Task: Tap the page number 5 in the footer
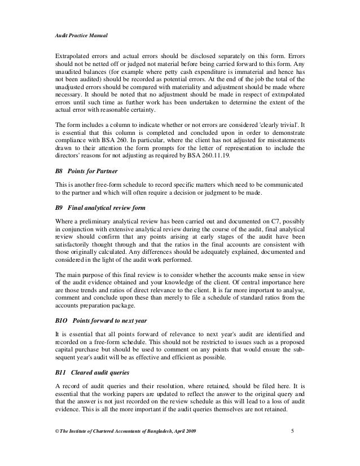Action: pos(292,432)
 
